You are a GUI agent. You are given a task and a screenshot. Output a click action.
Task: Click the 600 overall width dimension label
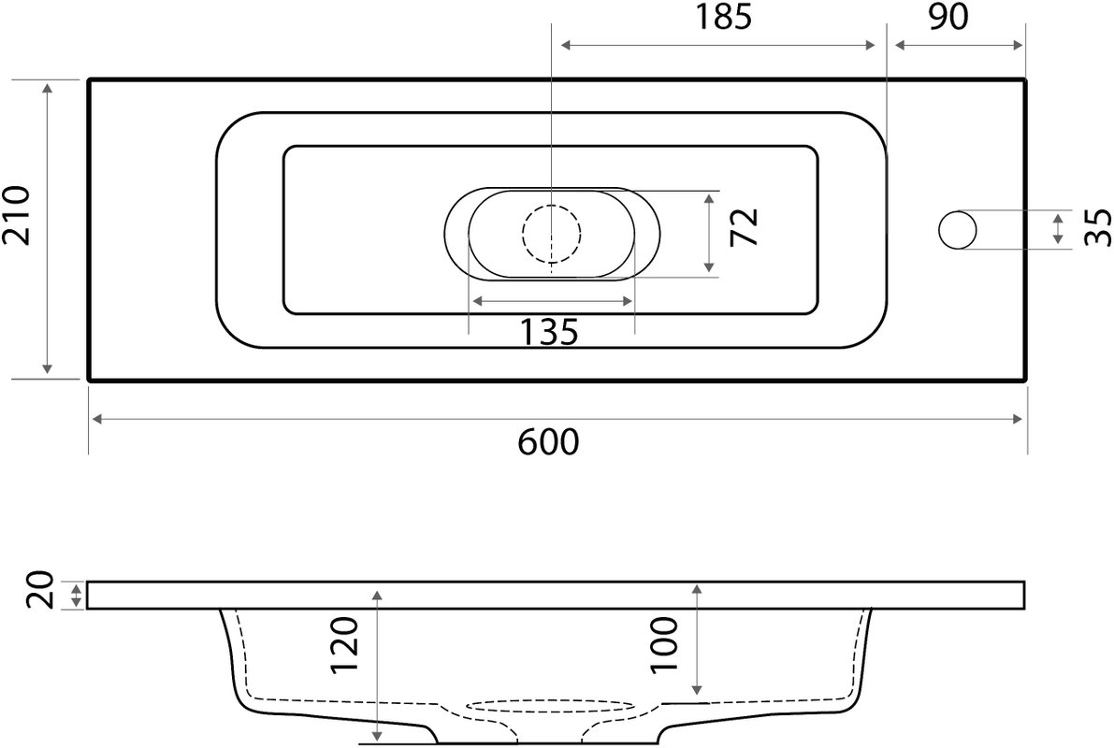click(x=548, y=442)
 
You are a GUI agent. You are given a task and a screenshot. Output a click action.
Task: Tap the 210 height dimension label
click(x=16, y=215)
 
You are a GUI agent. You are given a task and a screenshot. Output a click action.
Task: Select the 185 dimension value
click(x=722, y=17)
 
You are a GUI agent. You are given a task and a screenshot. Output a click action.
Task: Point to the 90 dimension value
click(x=948, y=17)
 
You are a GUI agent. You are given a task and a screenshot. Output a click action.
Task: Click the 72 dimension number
click(x=745, y=227)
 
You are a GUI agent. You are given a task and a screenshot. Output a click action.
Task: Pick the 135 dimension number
click(x=549, y=332)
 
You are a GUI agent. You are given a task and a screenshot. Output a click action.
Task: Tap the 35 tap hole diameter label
click(x=1098, y=227)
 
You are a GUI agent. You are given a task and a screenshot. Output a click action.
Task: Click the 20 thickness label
click(x=40, y=590)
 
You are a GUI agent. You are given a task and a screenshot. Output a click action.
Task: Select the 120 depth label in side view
click(x=346, y=645)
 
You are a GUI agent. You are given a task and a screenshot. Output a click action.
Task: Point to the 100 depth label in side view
click(x=665, y=644)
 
